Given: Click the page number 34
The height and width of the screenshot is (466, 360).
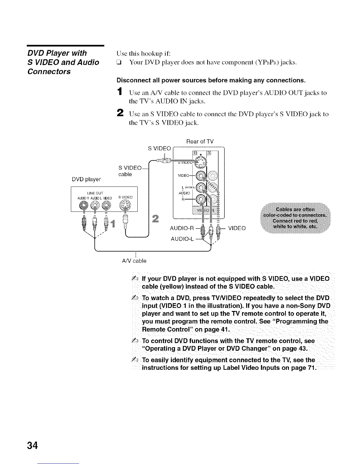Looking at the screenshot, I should (32, 445).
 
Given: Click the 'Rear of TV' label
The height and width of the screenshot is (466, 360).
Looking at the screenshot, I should (200, 142).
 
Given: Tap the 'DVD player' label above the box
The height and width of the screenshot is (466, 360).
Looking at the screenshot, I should (86, 179).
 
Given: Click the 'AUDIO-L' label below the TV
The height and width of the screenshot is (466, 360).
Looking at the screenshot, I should (182, 239).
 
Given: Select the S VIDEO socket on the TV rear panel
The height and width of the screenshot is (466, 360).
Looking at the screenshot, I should (200, 163).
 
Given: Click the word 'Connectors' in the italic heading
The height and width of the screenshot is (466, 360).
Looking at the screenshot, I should (49, 71).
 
